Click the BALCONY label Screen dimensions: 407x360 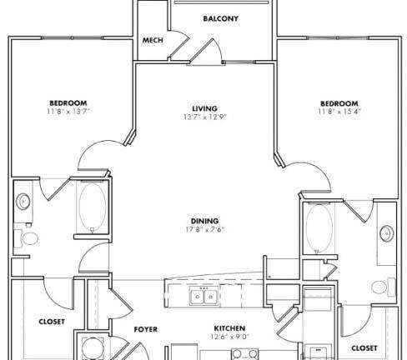pyautogui.click(x=221, y=18)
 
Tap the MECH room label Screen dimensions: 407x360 pyautogui.click(x=153, y=40)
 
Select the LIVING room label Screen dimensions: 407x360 pyautogui.click(x=204, y=108)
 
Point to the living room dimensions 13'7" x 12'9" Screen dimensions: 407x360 pyautogui.click(x=205, y=117)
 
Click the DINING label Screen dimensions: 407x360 pyautogui.click(x=204, y=221)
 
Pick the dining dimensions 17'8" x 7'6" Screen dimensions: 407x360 pyautogui.click(x=205, y=229)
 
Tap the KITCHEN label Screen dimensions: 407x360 pyautogui.click(x=229, y=328)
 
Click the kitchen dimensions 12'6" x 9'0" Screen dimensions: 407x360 pyautogui.click(x=229, y=337)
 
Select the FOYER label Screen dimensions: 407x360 pyautogui.click(x=146, y=329)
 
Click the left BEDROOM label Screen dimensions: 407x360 pyautogui.click(x=68, y=103)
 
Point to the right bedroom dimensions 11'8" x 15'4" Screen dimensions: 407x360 pyautogui.click(x=339, y=112)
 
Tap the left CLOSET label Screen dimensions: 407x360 pyautogui.click(x=52, y=322)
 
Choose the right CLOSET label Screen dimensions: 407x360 pyautogui.click(x=364, y=348)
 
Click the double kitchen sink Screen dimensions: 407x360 pyautogui.click(x=203, y=297)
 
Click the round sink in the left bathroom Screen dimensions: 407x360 pyautogui.click(x=23, y=202)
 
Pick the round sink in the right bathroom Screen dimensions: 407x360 pyautogui.click(x=387, y=233)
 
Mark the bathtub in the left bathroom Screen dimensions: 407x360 pyautogui.click(x=93, y=207)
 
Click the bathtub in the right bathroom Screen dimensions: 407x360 pyautogui.click(x=319, y=228)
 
